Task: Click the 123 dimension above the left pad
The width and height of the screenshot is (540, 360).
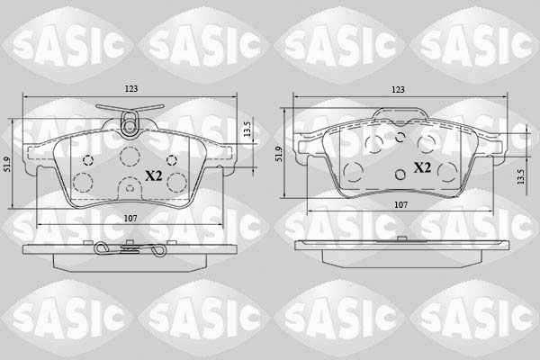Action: point(130,89)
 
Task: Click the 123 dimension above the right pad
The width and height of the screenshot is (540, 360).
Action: point(398,90)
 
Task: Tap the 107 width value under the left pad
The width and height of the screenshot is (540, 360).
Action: point(130,218)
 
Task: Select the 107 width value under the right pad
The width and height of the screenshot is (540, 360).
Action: point(400,205)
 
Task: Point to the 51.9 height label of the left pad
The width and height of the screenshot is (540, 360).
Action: point(6,165)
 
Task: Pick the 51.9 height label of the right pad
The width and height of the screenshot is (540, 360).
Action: point(279,154)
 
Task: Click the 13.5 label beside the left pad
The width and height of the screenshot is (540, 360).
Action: point(247,130)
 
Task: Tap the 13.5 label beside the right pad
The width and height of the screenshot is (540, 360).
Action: point(520,176)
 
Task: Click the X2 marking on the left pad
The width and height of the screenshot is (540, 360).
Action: point(153,176)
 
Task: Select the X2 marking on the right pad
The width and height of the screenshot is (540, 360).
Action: point(422,167)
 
